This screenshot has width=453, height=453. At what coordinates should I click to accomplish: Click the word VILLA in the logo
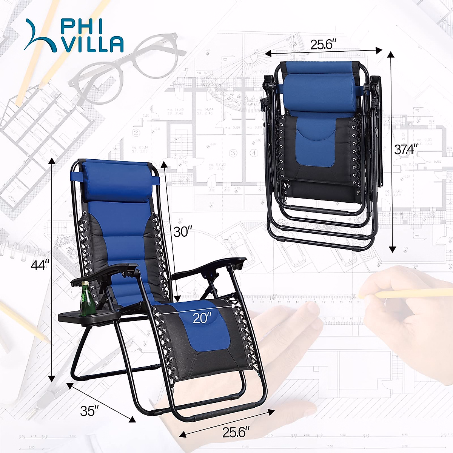[93, 45]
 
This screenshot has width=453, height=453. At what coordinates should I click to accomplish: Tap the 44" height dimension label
[40, 265]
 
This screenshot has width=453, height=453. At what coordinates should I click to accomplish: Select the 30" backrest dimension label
[183, 231]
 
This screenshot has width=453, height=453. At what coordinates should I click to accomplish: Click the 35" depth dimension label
[89, 411]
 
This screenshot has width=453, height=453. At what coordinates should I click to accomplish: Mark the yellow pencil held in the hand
[408, 293]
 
